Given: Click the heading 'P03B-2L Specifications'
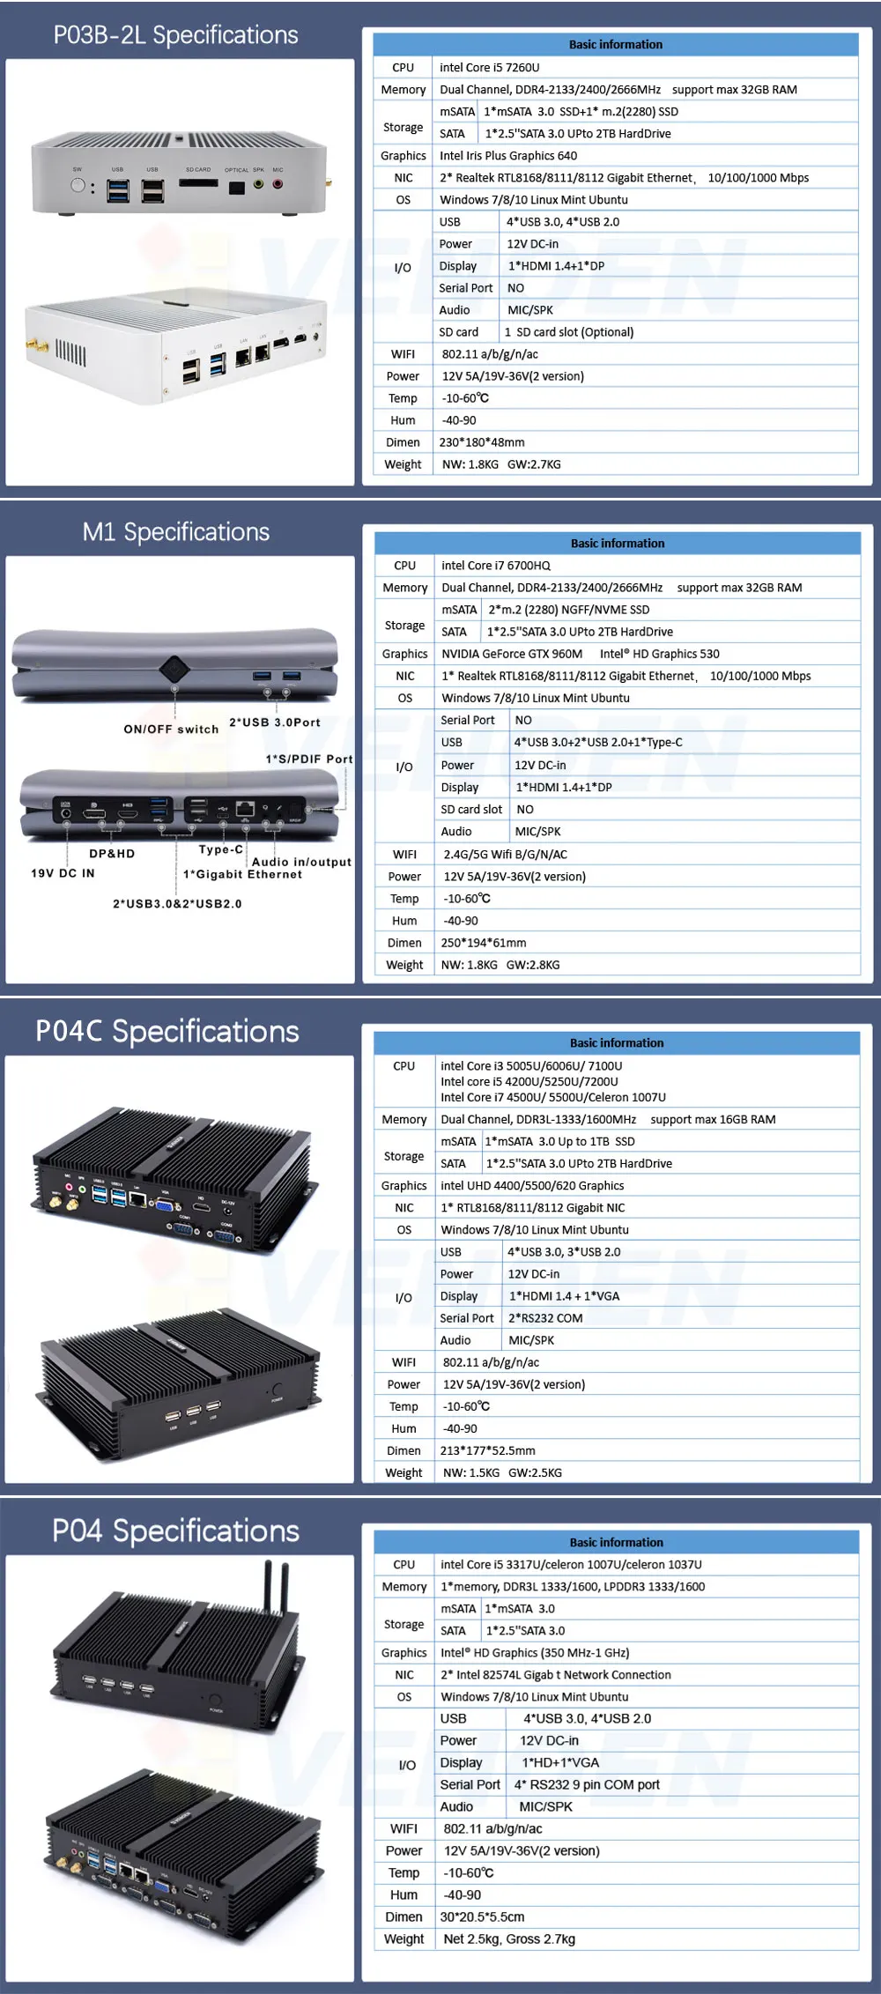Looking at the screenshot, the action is pos(176,35).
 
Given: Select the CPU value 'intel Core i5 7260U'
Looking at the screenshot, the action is pos(490,67).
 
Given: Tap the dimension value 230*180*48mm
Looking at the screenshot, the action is pos(482,442).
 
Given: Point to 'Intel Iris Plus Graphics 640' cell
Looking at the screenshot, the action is pos(508,156).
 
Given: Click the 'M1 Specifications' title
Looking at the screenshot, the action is pos(176,532).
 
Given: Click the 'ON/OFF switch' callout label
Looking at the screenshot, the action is pos(171,730).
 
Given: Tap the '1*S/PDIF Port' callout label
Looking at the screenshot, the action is pos(309,759).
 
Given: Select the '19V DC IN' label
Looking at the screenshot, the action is pos(63,873).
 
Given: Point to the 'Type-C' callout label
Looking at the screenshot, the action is pos(221,849).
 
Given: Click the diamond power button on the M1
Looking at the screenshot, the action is pos(174,669).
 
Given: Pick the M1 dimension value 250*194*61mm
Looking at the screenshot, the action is pos(484,943).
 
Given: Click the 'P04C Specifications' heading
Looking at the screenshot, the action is pos(167,1032).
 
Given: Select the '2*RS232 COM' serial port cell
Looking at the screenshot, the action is pos(545,1318).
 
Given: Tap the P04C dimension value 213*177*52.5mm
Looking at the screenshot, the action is pos(487,1450).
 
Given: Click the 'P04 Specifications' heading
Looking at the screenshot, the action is pos(176,1531).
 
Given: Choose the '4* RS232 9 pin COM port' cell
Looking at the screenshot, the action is pos(587,1784).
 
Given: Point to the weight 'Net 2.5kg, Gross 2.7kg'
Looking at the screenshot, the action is pos(509,1938).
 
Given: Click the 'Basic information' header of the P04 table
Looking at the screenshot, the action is pos(617,1542).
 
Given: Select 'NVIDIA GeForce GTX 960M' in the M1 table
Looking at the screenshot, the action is pos(512,654).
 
